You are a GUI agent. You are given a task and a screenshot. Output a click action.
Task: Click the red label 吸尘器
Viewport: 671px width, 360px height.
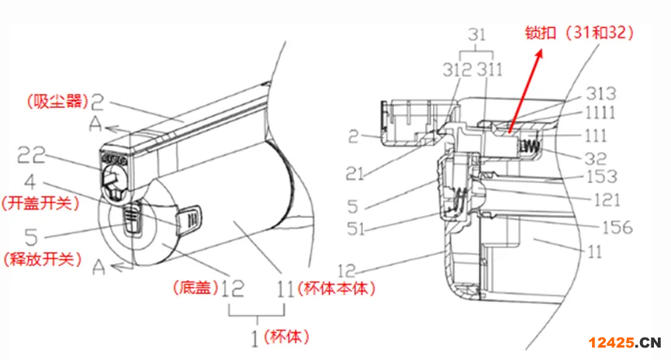pos(57,102)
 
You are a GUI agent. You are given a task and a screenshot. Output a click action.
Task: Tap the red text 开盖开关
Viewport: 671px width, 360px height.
pos(40,203)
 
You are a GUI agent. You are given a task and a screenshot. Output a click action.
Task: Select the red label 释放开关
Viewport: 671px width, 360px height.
pos(43,258)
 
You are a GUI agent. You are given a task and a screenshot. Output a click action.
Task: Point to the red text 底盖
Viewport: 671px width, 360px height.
pos(195,287)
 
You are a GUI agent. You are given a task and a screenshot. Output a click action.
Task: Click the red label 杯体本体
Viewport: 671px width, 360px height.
pos(337,288)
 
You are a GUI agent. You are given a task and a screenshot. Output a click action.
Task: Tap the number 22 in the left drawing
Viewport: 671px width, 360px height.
pos(30,154)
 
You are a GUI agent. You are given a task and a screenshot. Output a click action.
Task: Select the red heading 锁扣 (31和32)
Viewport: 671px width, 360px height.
pos(579,33)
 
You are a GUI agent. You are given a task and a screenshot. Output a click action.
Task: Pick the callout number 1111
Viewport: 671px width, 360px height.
pos(600,113)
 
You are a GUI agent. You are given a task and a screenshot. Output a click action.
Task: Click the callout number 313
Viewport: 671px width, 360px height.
pos(601,94)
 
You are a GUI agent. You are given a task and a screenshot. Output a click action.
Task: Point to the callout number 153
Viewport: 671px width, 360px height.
pos(601,176)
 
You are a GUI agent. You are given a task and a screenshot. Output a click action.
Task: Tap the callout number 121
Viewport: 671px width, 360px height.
pos(607,200)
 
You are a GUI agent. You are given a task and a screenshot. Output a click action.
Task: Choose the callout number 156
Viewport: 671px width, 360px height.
pos(617,227)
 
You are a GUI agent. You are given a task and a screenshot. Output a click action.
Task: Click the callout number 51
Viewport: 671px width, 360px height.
pos(355,229)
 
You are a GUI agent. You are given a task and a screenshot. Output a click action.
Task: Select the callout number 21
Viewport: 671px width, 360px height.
pos(355,174)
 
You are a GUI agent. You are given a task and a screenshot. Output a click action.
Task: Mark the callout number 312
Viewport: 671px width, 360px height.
pos(457,70)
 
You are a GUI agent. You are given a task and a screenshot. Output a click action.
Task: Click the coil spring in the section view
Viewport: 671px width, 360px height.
pos(529,147)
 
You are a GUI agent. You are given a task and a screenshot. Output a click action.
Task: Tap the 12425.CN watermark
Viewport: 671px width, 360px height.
pos(624,342)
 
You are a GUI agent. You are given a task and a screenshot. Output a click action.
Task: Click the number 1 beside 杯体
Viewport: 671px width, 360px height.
pos(255,339)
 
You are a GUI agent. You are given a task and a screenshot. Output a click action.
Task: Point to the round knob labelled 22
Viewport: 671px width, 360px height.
pos(115,176)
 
